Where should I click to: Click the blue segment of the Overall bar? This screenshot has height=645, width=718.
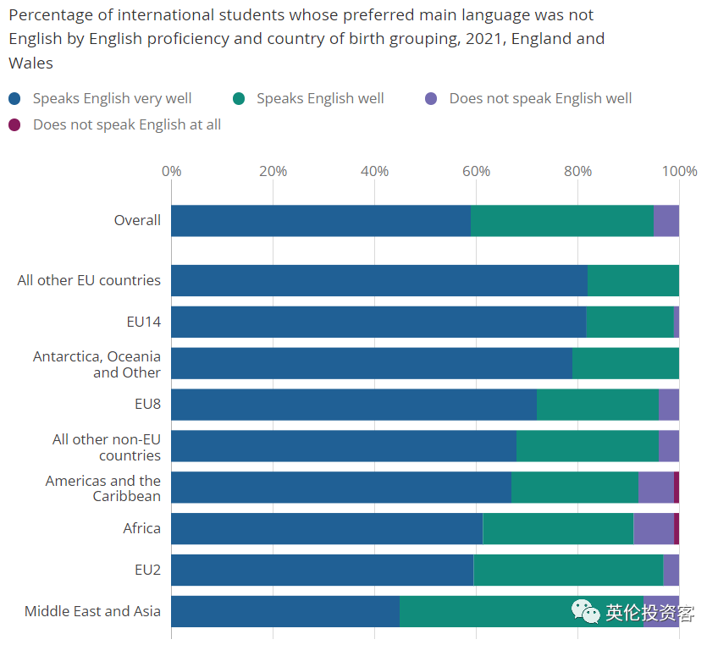pos(320,221)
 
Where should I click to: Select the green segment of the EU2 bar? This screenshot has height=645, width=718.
pos(568,570)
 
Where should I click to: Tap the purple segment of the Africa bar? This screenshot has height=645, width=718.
pos(654,528)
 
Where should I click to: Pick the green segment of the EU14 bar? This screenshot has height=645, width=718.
pos(629,322)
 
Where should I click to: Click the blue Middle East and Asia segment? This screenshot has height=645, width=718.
pos(284,611)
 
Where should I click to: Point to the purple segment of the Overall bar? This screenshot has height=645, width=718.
pos(666,221)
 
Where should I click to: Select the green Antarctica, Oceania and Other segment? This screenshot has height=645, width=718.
pos(626,363)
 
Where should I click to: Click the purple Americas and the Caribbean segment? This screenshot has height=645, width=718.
pos(656,487)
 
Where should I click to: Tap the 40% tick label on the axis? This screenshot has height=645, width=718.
pos(374,171)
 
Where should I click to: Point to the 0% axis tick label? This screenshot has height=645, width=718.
pos(171,171)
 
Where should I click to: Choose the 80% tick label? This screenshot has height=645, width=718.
pos(577,171)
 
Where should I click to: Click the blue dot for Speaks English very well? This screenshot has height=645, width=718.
pos(14,98)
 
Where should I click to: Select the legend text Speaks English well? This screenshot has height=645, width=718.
pos(320,98)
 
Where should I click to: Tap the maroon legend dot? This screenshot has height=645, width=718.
pos(14,124)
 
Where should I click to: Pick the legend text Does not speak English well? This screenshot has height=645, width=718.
pos(540,98)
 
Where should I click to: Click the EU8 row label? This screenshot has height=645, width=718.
pos(147,404)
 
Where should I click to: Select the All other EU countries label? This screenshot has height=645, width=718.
pos(89,280)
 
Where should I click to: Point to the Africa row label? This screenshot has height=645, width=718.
pos(141,528)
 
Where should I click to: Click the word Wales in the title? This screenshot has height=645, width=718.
pos(30,63)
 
